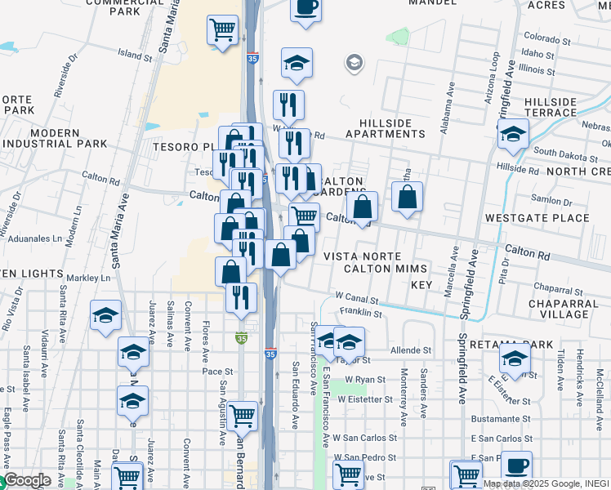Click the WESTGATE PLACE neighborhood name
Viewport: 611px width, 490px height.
(537, 218)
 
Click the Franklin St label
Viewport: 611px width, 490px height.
(361, 313)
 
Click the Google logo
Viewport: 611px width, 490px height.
(28, 481)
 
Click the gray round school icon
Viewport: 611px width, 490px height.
(355, 63)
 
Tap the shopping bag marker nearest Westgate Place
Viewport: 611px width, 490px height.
(407, 198)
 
